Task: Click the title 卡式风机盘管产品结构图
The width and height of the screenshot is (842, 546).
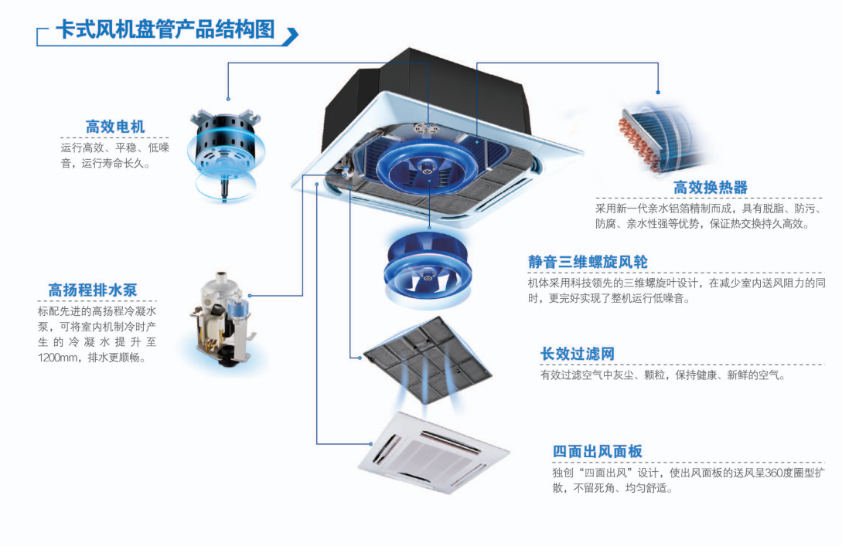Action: tap(165, 29)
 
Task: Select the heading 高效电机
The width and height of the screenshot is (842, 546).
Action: tap(115, 127)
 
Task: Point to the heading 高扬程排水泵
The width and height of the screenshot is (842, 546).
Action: tap(93, 290)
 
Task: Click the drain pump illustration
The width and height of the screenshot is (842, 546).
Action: tap(222, 320)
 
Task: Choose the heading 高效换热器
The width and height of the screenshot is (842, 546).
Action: tap(711, 188)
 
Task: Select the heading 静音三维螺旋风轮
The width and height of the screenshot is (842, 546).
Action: tap(588, 262)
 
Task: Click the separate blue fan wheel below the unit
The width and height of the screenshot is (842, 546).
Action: tap(429, 266)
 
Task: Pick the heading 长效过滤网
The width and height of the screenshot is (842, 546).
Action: tap(578, 354)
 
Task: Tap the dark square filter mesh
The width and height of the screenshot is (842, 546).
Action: tap(428, 356)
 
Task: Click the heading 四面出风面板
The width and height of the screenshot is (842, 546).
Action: tap(598, 452)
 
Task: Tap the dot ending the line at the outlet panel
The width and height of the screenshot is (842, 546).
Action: tap(371, 444)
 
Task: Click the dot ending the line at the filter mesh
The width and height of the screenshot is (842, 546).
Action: tap(360, 358)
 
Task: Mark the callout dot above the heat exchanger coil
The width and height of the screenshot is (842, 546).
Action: tap(658, 92)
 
